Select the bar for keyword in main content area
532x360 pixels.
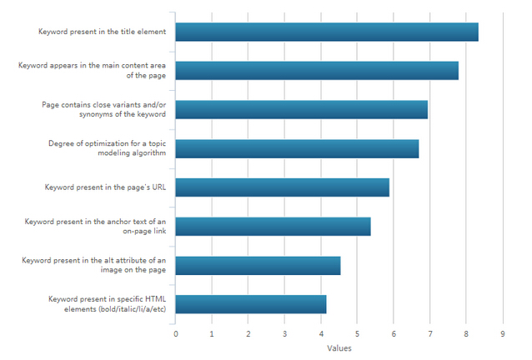click(x=317, y=70)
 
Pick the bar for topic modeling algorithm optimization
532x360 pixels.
click(x=297, y=148)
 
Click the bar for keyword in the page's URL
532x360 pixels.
click(x=283, y=187)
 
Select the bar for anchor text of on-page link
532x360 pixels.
click(x=274, y=226)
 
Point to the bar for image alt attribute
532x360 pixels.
click(x=258, y=265)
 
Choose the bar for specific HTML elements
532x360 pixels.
click(x=251, y=303)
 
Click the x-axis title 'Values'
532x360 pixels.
click(x=339, y=348)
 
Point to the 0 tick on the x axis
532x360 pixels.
click(x=176, y=333)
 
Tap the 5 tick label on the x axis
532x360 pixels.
click(x=358, y=333)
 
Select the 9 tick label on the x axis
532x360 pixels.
click(x=503, y=333)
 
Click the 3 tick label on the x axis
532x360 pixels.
click(x=285, y=333)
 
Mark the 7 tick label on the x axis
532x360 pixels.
click(x=430, y=333)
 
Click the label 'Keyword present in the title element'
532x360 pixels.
click(x=103, y=32)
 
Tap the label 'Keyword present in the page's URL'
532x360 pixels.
click(x=106, y=187)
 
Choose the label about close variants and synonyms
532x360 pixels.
click(x=103, y=109)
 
